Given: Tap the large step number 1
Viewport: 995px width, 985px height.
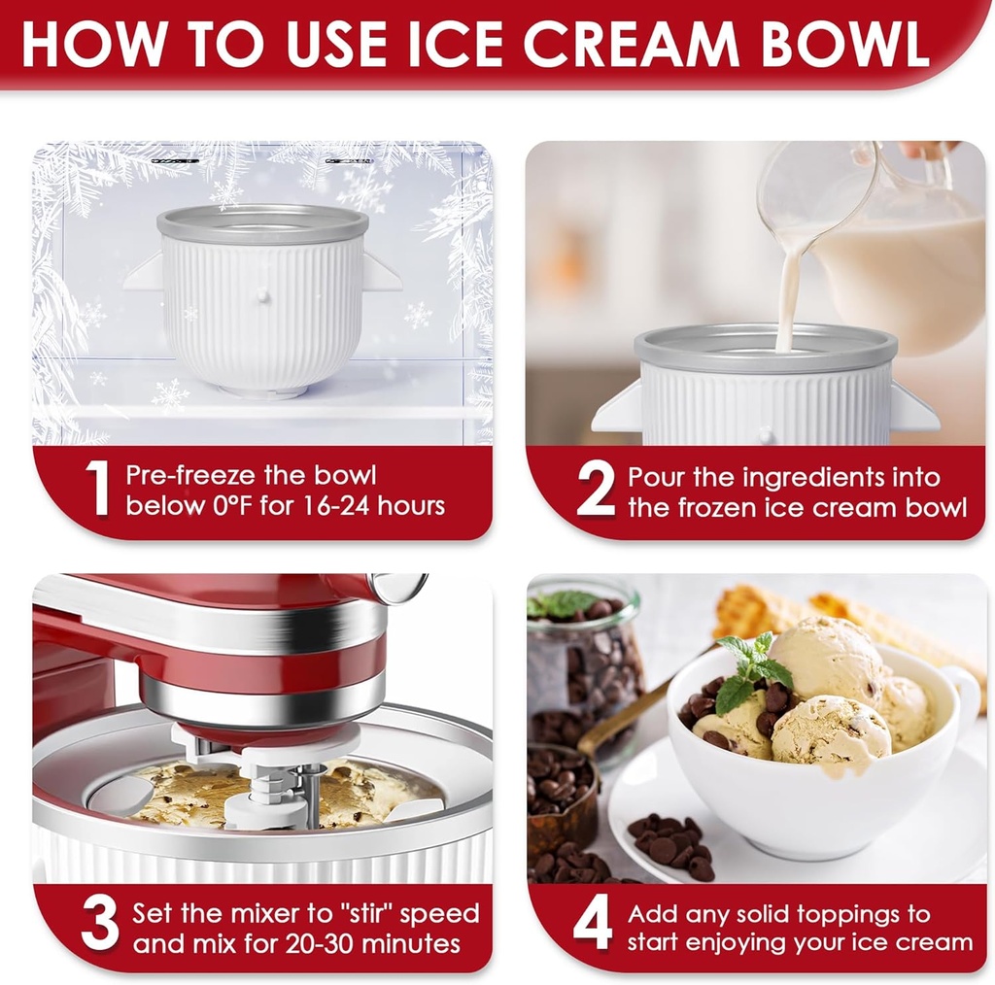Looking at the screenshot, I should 97,489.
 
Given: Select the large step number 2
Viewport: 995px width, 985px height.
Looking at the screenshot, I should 595,491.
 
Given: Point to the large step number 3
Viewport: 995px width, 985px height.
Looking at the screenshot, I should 99,927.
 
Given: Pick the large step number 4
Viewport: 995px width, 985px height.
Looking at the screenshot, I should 593,927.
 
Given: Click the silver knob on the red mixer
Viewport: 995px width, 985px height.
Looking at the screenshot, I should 398,587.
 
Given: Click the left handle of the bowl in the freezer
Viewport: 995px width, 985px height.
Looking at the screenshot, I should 144,273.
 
